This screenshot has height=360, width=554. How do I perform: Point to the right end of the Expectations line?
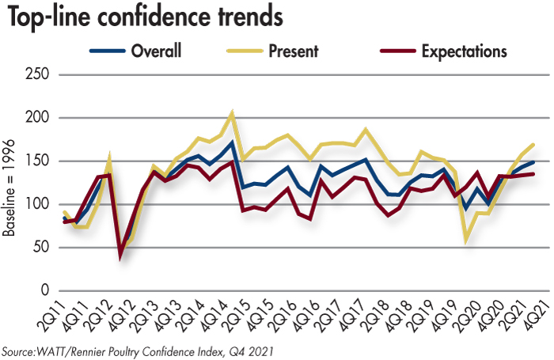click(532, 174)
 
